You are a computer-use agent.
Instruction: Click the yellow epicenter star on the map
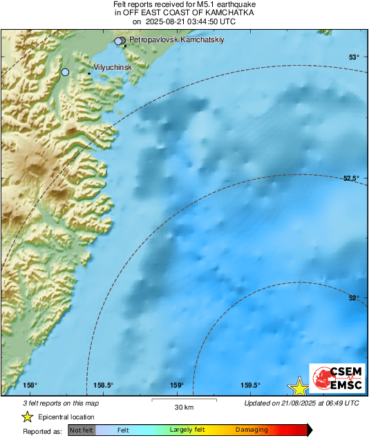pyautogui.click(x=299, y=387)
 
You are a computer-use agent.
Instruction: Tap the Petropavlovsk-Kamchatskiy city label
pyautogui.click(x=177, y=40)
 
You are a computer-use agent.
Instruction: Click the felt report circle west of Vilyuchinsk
pyautogui.click(x=66, y=72)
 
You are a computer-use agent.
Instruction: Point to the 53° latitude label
pyautogui.click(x=353, y=57)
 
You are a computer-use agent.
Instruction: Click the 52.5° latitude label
pyautogui.click(x=351, y=179)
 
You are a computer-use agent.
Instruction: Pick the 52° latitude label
pyautogui.click(x=353, y=298)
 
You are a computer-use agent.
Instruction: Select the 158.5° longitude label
pyautogui.click(x=103, y=385)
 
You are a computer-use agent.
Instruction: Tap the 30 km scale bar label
pyautogui.click(x=184, y=406)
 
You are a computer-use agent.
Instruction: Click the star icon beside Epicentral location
pyautogui.click(x=27, y=417)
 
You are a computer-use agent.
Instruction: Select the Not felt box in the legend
pyautogui.click(x=82, y=430)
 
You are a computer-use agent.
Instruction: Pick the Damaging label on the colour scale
pyautogui.click(x=252, y=430)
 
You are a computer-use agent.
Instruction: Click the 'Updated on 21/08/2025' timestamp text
pyautogui.click(x=301, y=403)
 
